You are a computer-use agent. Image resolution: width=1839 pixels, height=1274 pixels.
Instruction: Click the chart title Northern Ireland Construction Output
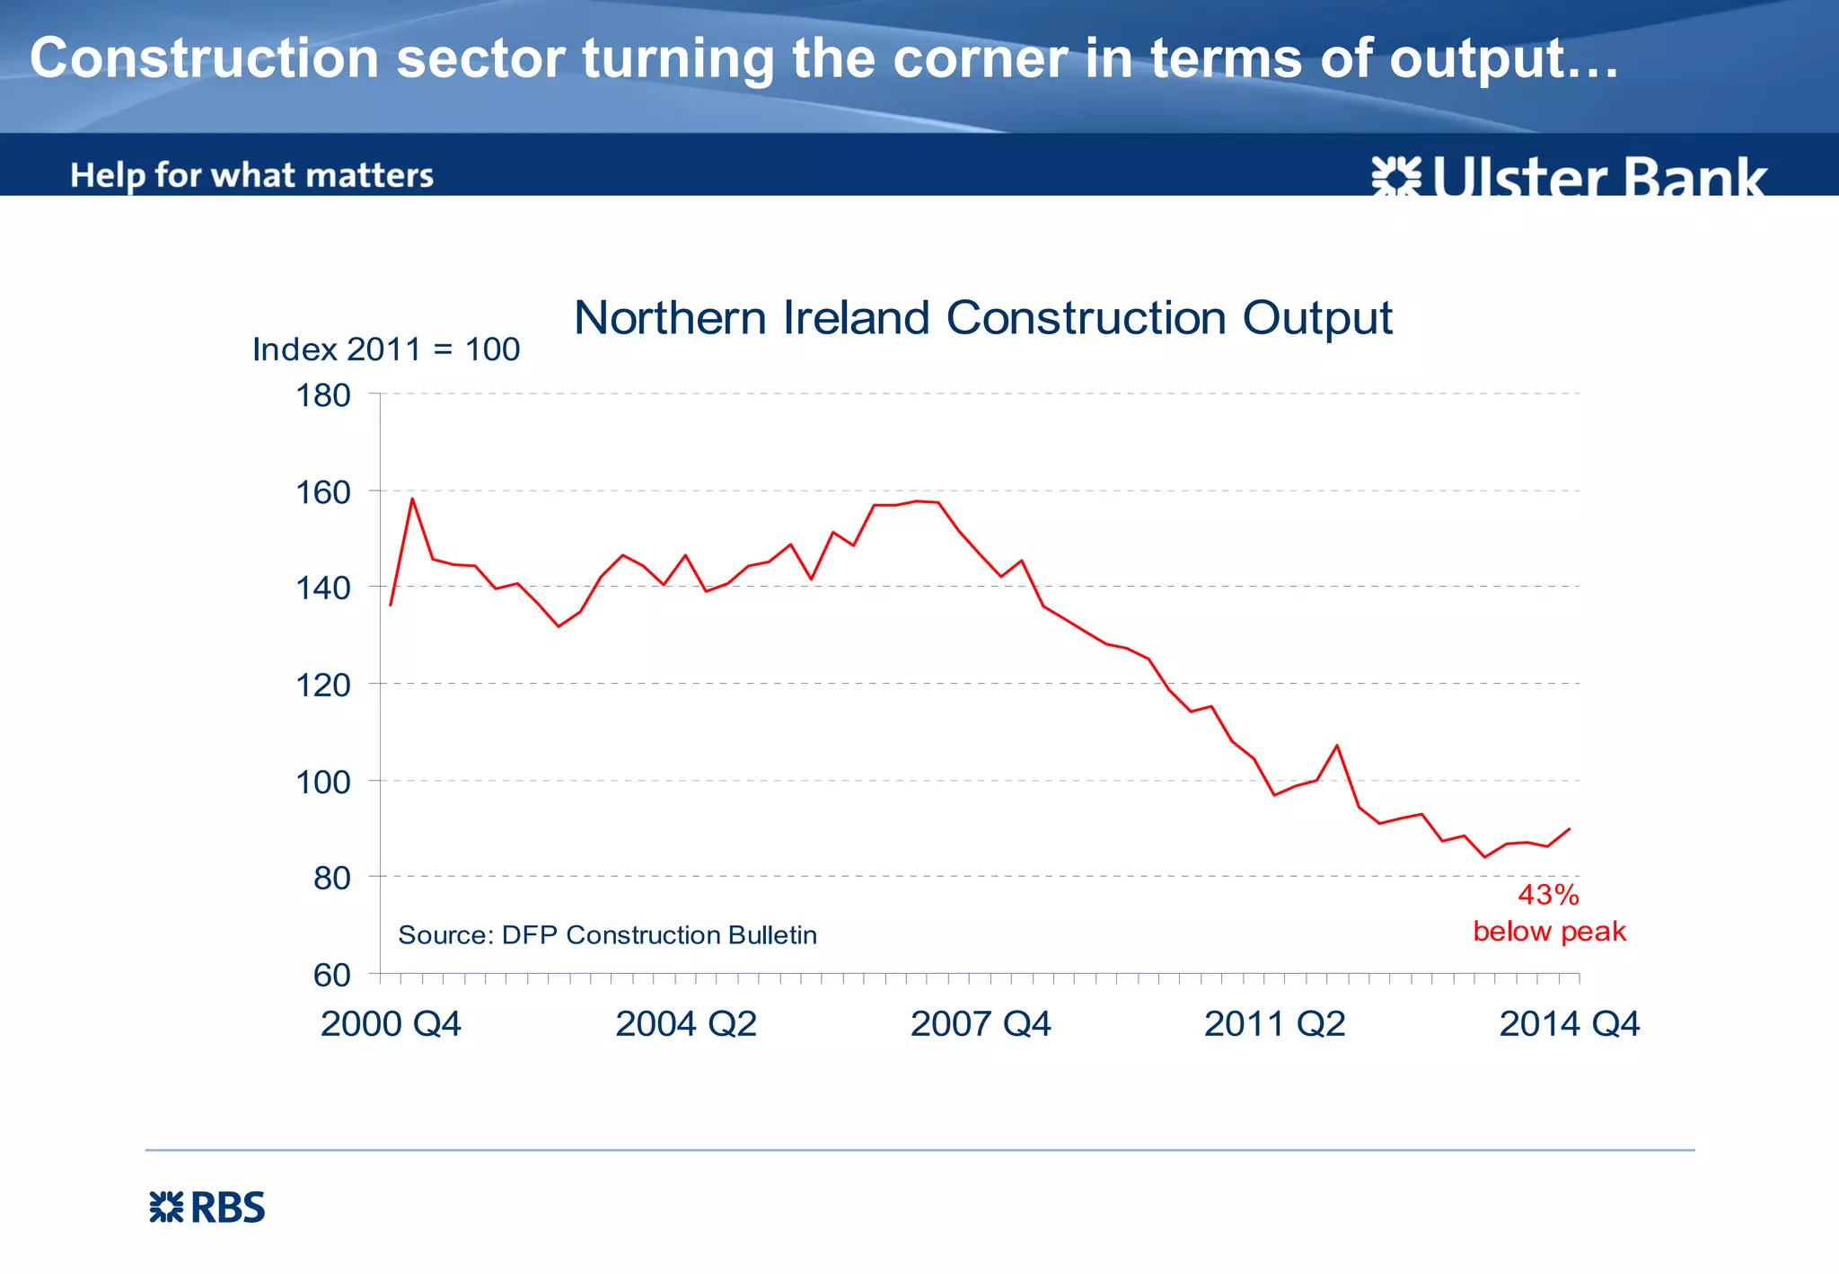pyautogui.click(x=982, y=318)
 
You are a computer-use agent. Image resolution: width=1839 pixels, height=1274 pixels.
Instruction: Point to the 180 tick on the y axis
pyautogui.click(x=323, y=395)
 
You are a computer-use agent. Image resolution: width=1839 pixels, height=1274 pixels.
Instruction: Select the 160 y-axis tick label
pyautogui.click(x=323, y=492)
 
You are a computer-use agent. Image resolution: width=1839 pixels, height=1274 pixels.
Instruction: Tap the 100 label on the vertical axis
pyautogui.click(x=323, y=782)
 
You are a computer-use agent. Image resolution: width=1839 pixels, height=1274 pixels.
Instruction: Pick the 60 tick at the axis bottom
pyautogui.click(x=331, y=975)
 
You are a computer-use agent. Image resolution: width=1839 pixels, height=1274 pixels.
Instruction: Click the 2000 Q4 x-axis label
pyautogui.click(x=391, y=1024)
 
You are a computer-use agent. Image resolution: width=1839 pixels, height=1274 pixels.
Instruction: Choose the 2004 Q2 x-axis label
pyautogui.click(x=686, y=1024)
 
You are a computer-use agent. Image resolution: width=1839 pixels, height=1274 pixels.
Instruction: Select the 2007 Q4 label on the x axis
pyautogui.click(x=981, y=1024)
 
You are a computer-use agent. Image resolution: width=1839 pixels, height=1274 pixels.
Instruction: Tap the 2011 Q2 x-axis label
pyautogui.click(x=1274, y=1024)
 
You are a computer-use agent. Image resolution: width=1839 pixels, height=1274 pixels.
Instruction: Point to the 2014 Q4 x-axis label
pyautogui.click(x=1569, y=1024)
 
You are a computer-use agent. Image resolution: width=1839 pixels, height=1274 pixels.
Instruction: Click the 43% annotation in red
pyautogui.click(x=1548, y=895)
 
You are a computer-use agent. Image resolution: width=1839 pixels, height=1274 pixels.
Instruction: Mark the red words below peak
pyautogui.click(x=1549, y=932)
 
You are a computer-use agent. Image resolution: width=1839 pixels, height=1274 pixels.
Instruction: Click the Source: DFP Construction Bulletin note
pyautogui.click(x=607, y=935)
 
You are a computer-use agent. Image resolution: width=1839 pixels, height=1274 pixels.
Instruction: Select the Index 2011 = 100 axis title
pyautogui.click(x=386, y=349)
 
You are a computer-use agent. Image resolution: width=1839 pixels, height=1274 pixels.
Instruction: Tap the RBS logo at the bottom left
pyautogui.click(x=207, y=1208)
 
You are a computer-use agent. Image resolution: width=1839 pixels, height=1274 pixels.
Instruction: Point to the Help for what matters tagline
pyautogui.click(x=251, y=175)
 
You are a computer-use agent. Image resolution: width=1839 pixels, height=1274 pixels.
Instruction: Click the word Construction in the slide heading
pyautogui.click(x=205, y=58)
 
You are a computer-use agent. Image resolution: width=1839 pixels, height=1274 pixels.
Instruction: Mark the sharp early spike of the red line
pyautogui.click(x=412, y=499)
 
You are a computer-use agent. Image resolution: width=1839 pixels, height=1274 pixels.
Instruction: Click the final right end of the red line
pyautogui.click(x=1570, y=828)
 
